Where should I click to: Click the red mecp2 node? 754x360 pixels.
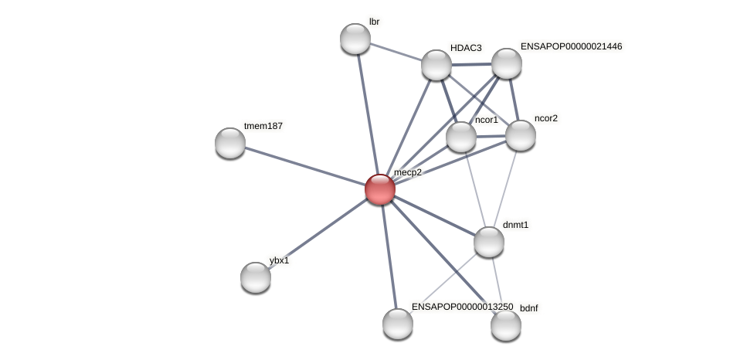(380, 189)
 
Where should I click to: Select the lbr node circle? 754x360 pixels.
(355, 39)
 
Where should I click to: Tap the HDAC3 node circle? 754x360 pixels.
(436, 65)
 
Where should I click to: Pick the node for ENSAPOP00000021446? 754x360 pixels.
(507, 63)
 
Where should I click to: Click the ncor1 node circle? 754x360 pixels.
(461, 137)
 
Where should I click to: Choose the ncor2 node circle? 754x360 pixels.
(521, 135)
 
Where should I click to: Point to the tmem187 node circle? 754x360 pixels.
(230, 143)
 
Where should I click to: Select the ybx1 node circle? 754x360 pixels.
(256, 277)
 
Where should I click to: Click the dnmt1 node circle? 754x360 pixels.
(489, 242)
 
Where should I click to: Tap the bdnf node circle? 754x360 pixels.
(506, 325)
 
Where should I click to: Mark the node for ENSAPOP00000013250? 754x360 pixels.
(398, 324)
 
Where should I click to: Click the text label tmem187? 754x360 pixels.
(263, 126)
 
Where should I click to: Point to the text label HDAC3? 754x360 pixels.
(466, 48)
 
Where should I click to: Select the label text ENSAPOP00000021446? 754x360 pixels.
(571, 46)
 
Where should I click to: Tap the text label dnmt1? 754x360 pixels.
(515, 225)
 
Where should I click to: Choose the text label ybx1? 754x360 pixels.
(279, 260)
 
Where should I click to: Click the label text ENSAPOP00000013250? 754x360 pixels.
(462, 307)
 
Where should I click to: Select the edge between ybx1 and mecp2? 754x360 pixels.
(318, 233)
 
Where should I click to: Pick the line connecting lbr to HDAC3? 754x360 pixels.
(396, 52)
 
